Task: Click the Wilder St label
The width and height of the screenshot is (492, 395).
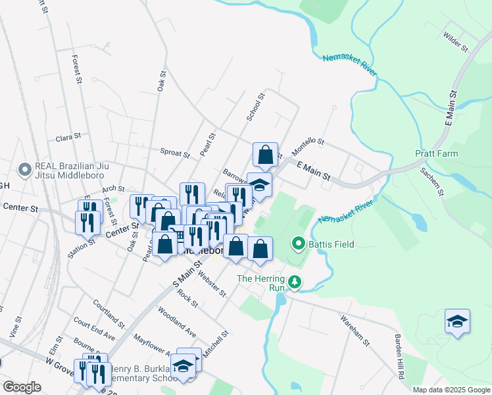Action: pos(455,43)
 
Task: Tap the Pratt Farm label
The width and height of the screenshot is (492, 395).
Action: pos(436,154)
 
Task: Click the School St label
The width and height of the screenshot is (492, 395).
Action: pos(255,107)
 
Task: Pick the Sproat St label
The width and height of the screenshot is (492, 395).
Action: pos(174,152)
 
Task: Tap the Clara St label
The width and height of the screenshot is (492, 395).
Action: pos(68,138)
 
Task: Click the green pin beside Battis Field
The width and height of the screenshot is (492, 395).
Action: pos(298,245)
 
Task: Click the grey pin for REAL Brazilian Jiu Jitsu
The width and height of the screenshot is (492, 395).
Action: pos(25,170)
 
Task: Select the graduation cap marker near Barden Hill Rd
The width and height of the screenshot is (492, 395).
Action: pos(457,322)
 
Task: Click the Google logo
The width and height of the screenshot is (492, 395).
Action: pos(22,387)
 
